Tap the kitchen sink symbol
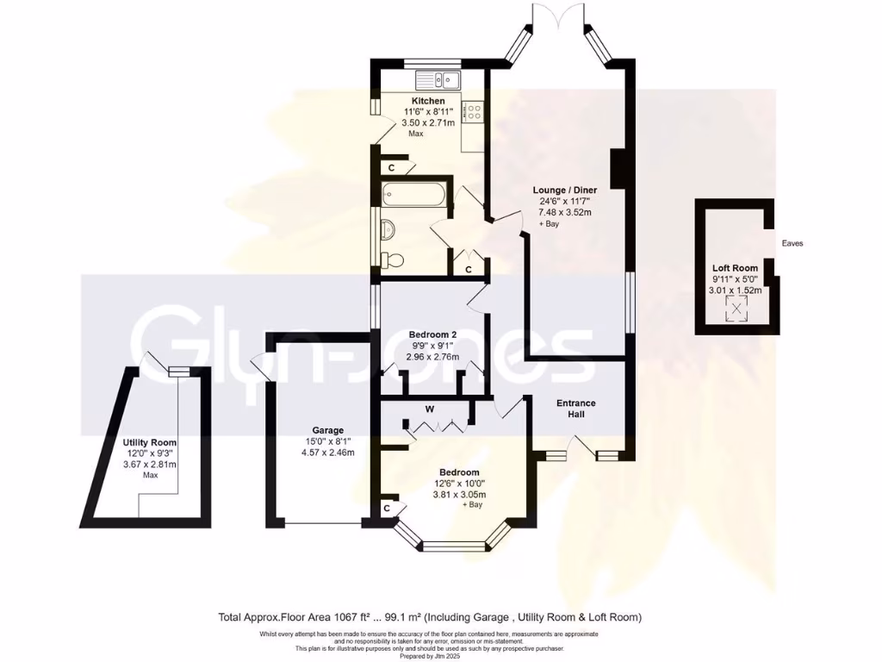[438, 80]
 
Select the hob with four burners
[473, 110]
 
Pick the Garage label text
[327, 430]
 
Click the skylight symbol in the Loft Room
[737, 308]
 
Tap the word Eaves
[792, 244]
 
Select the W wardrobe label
[428, 408]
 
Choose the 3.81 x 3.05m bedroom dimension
[463, 495]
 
